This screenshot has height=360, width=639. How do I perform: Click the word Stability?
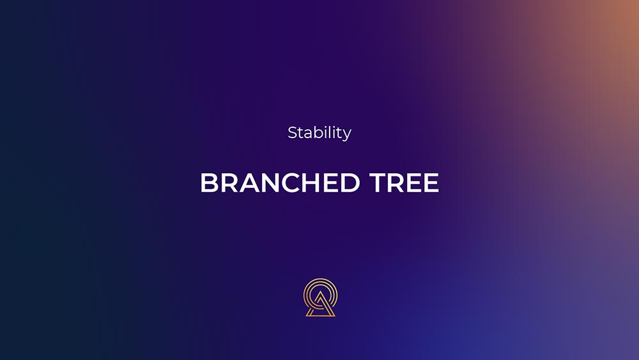[x=319, y=133]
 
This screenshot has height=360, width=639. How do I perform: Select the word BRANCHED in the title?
[x=280, y=182]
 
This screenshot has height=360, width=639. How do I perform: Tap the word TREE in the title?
[x=404, y=182]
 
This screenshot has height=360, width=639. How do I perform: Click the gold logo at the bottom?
[x=321, y=297]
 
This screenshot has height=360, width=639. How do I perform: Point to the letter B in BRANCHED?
[x=209, y=182]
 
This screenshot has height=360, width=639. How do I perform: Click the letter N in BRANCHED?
[x=272, y=182]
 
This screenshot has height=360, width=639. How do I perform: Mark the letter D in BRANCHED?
[x=350, y=182]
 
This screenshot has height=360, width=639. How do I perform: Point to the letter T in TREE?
[x=378, y=182]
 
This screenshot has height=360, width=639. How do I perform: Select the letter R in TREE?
[x=397, y=182]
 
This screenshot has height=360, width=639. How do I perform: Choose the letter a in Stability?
[x=308, y=135]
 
